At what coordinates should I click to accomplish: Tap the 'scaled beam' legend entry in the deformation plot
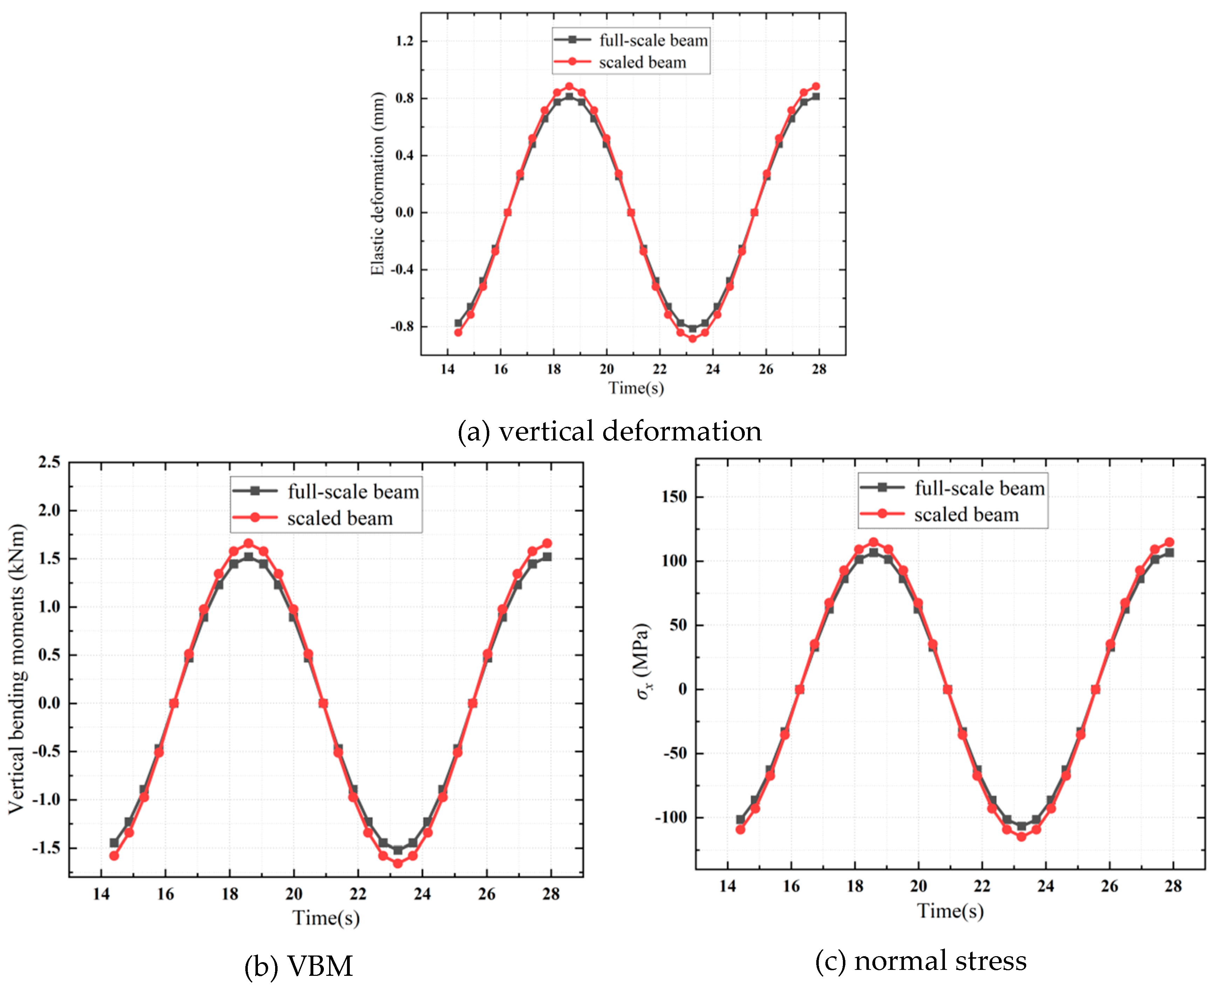[642, 62]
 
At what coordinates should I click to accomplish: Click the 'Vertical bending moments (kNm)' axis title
[17, 669]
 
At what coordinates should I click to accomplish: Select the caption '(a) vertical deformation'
[609, 431]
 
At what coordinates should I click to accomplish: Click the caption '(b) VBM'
[299, 966]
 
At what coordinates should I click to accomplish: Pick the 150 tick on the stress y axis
[674, 497]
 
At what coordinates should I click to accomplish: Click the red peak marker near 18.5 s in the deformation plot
[569, 86]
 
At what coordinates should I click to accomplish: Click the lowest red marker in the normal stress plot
[1021, 837]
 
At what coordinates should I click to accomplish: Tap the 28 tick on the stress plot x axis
[1173, 887]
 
